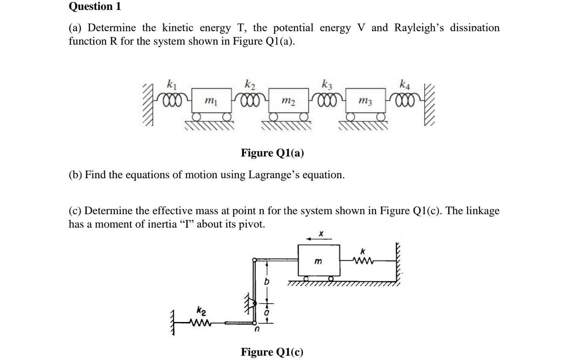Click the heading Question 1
point(95,6)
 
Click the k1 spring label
point(171,84)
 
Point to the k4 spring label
point(405,84)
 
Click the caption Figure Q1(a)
point(272,153)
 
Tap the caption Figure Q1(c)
point(272,352)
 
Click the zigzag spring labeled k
point(363,260)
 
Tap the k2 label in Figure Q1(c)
point(202,312)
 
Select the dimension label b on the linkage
point(267,282)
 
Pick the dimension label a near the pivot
point(267,313)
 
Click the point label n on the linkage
point(256,329)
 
